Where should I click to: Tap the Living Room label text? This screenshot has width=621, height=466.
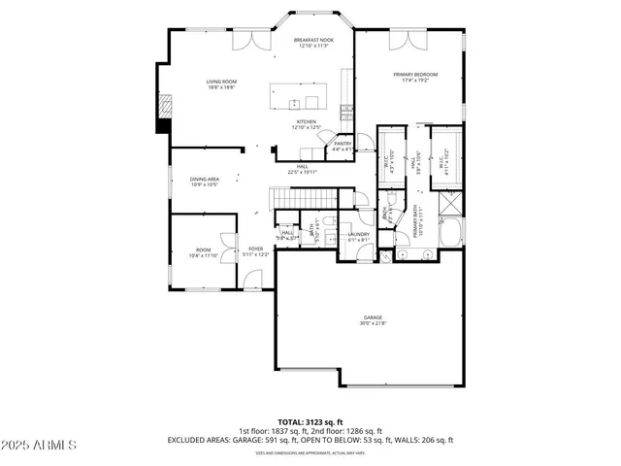coord(220,83)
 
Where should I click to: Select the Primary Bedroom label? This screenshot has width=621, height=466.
coord(414,77)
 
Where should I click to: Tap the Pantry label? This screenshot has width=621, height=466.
coord(342,147)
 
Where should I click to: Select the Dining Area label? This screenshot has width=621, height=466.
coord(203,182)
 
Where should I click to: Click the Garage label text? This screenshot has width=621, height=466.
coord(374,319)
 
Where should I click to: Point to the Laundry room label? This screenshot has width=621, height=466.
coord(358,236)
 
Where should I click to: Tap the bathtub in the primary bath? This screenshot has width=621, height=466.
coord(453,233)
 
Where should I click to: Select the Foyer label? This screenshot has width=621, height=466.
coord(255,250)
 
